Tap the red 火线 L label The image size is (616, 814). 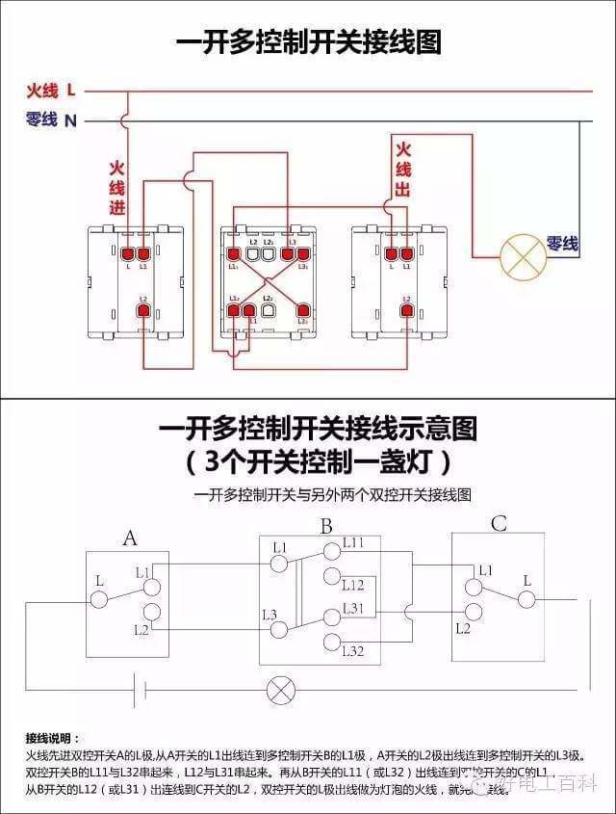coord(51,92)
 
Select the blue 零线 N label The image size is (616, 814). coord(51,120)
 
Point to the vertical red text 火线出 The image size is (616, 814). coord(402,170)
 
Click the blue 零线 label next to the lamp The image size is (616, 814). coord(562,245)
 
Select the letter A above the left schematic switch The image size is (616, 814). coord(130,538)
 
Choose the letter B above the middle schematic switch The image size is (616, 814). coord(326,526)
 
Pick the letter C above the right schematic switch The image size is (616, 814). coord(498,524)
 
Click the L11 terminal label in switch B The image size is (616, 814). coord(353,544)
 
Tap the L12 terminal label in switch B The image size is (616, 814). coord(353,585)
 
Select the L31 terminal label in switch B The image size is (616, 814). coord(353,608)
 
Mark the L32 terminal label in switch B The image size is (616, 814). coord(353,652)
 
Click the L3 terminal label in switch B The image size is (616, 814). coord(269,614)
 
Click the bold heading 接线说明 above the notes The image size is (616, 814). coord(54,736)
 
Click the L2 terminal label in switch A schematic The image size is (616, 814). coord(141,629)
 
